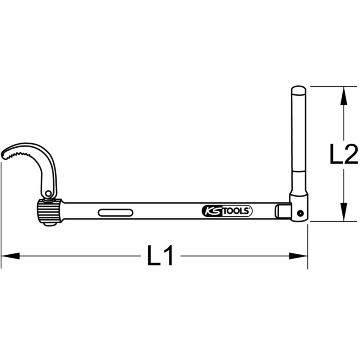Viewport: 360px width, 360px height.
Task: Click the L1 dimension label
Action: [160, 256]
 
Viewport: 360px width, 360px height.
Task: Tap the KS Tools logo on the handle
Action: [226, 211]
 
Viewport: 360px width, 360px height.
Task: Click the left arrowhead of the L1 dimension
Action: [10, 256]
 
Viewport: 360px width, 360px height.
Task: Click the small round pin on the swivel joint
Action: [299, 213]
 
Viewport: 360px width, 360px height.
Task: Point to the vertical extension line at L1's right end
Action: [308, 246]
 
